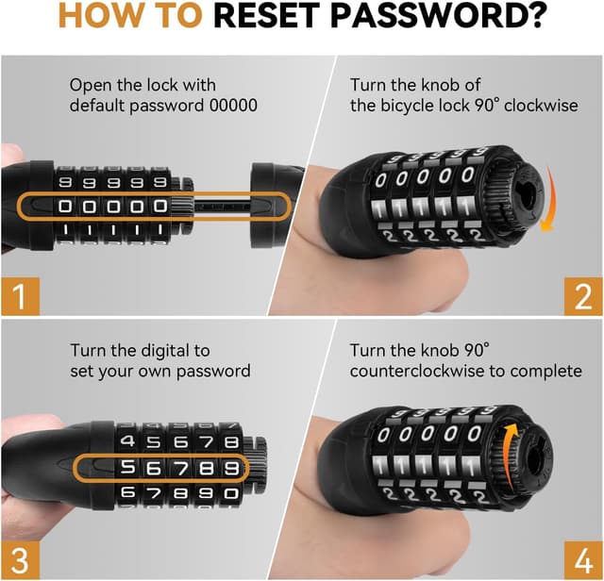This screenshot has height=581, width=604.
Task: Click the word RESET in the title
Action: click(268, 16)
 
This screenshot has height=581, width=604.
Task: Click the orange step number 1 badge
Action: click(21, 296)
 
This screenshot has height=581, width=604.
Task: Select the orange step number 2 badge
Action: click(583, 296)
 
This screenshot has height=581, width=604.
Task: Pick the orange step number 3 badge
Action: click(21, 560)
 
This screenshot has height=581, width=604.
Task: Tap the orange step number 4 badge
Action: click(583, 560)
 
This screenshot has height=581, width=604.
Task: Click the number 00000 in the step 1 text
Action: click(233, 105)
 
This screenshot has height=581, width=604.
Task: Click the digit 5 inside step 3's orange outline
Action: click(128, 468)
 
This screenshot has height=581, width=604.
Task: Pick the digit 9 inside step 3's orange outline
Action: click(232, 468)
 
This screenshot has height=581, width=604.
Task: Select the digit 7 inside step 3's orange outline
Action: click(180, 468)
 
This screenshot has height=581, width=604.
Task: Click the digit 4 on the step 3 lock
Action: click(128, 440)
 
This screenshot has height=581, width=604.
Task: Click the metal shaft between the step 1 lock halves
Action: click(223, 207)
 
